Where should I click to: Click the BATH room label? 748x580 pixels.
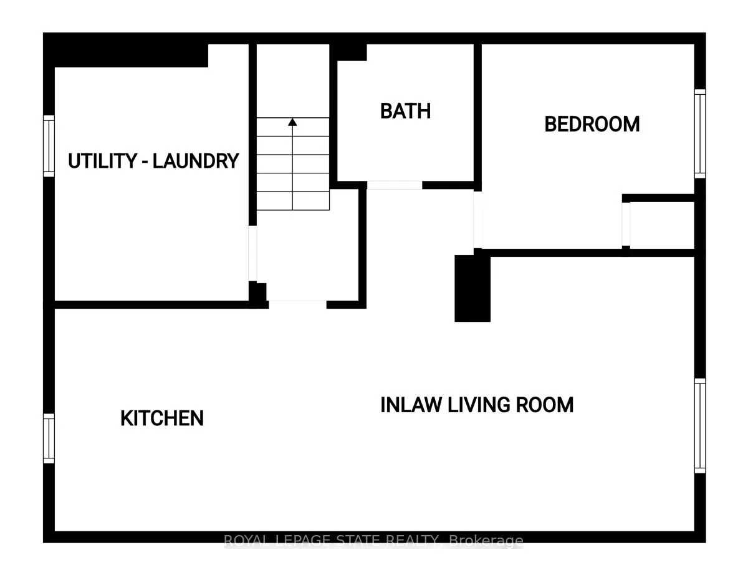pyautogui.click(x=405, y=111)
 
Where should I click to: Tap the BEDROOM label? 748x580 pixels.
pyautogui.click(x=592, y=124)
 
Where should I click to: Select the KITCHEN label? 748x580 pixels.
pyautogui.click(x=162, y=418)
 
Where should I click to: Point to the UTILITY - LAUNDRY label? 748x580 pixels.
pyautogui.click(x=153, y=161)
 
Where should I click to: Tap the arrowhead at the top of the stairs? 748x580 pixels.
pyautogui.click(x=292, y=122)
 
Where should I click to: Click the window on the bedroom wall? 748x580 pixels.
pyautogui.click(x=700, y=133)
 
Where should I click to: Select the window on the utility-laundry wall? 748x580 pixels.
pyautogui.click(x=49, y=145)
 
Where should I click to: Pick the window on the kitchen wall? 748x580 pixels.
pyautogui.click(x=49, y=438)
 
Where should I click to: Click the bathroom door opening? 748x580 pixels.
pyautogui.click(x=394, y=185)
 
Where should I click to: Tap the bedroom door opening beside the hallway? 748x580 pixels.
pyautogui.click(x=477, y=220)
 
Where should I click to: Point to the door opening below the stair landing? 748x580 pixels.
pyautogui.click(x=297, y=304)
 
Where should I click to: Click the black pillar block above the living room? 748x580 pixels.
pyautogui.click(x=472, y=288)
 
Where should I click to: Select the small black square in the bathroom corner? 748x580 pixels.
pyautogui.click(x=352, y=52)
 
